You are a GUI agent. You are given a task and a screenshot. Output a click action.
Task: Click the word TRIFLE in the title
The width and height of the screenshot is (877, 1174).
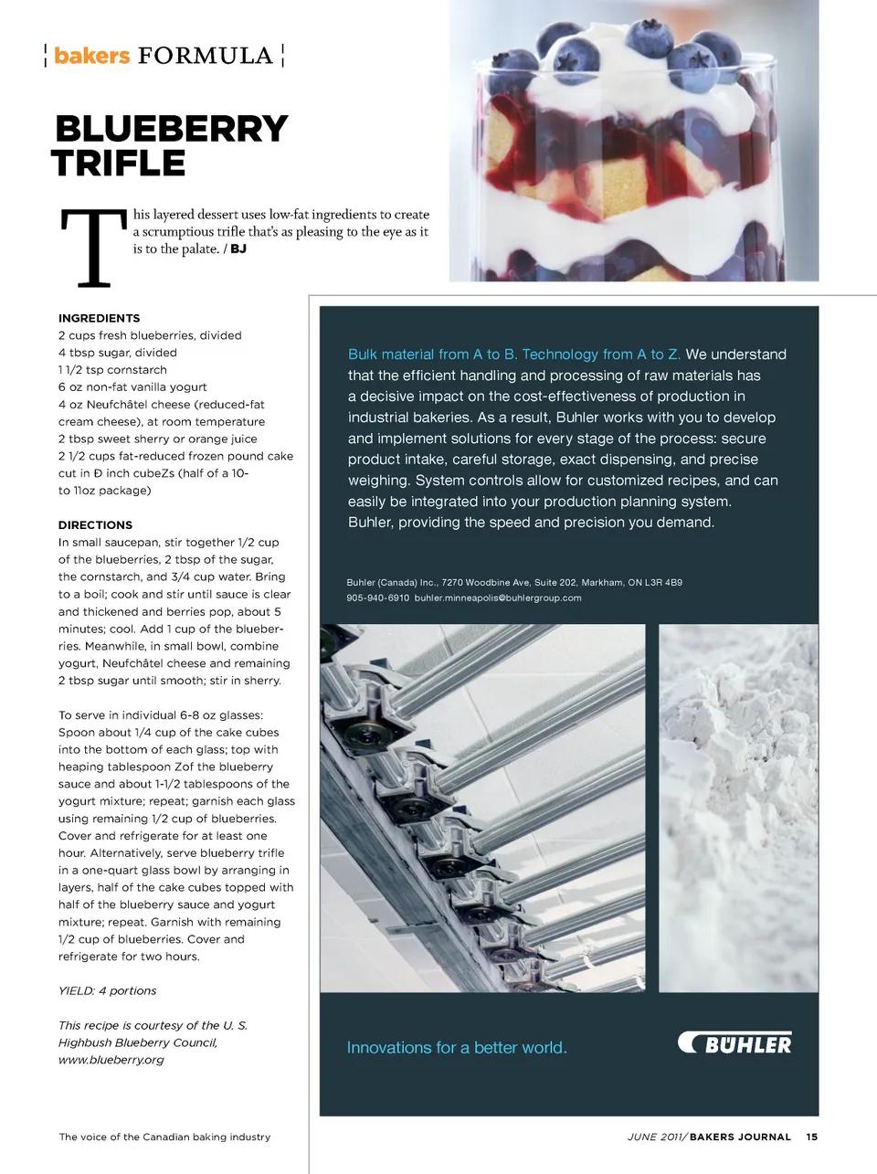[x=119, y=164]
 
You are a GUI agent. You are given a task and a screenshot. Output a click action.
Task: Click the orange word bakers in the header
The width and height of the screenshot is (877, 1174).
[x=91, y=56]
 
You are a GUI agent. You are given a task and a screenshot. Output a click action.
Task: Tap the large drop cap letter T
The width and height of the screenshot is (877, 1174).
[x=93, y=248]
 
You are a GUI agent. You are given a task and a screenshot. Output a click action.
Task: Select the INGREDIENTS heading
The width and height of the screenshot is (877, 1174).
[x=99, y=318]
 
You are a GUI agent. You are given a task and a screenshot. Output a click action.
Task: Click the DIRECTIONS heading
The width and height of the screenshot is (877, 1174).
[x=95, y=525]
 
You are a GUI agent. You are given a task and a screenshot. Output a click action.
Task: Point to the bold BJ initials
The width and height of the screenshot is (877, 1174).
[x=238, y=249]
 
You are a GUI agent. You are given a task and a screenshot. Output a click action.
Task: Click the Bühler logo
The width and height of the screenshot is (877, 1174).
[x=735, y=1043]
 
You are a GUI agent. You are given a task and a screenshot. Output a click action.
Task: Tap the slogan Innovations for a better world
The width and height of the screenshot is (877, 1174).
[x=457, y=1048]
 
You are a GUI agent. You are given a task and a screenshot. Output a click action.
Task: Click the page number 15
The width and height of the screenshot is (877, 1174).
[x=811, y=1137]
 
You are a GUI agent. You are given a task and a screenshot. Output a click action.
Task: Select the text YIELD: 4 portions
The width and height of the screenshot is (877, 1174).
[x=107, y=991]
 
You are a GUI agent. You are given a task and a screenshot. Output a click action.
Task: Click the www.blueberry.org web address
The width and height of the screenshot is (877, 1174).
[x=111, y=1060]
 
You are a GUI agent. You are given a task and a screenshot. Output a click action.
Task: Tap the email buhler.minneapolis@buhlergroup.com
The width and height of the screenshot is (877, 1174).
[x=498, y=598]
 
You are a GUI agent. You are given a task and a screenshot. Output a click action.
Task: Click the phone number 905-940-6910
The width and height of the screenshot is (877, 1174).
[x=377, y=598]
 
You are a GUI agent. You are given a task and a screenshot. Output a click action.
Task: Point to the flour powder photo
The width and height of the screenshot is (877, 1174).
[x=738, y=808]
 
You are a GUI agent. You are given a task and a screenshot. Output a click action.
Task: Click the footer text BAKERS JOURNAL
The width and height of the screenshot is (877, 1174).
[x=740, y=1137]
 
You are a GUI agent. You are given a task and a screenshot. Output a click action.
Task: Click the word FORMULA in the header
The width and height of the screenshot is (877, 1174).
[x=206, y=56]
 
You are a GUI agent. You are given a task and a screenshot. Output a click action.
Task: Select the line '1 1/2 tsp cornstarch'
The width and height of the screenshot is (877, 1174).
[x=112, y=370]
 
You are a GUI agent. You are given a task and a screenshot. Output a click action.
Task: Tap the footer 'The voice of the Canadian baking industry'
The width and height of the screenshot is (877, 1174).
[x=164, y=1137]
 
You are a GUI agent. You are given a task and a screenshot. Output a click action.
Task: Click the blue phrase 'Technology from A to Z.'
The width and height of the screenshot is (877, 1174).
[x=601, y=354]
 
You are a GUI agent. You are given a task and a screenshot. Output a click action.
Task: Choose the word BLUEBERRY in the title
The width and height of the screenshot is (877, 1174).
[x=172, y=129]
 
